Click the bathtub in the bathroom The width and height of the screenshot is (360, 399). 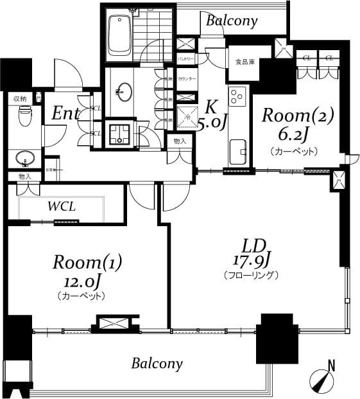pyautogui.click(x=120, y=35)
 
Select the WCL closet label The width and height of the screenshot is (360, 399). pyautogui.click(x=62, y=207)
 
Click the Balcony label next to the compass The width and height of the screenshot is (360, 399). pyautogui.click(x=157, y=364)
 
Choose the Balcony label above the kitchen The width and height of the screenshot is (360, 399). pyautogui.click(x=232, y=21)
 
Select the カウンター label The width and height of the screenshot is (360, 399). pyautogui.click(x=187, y=78)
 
